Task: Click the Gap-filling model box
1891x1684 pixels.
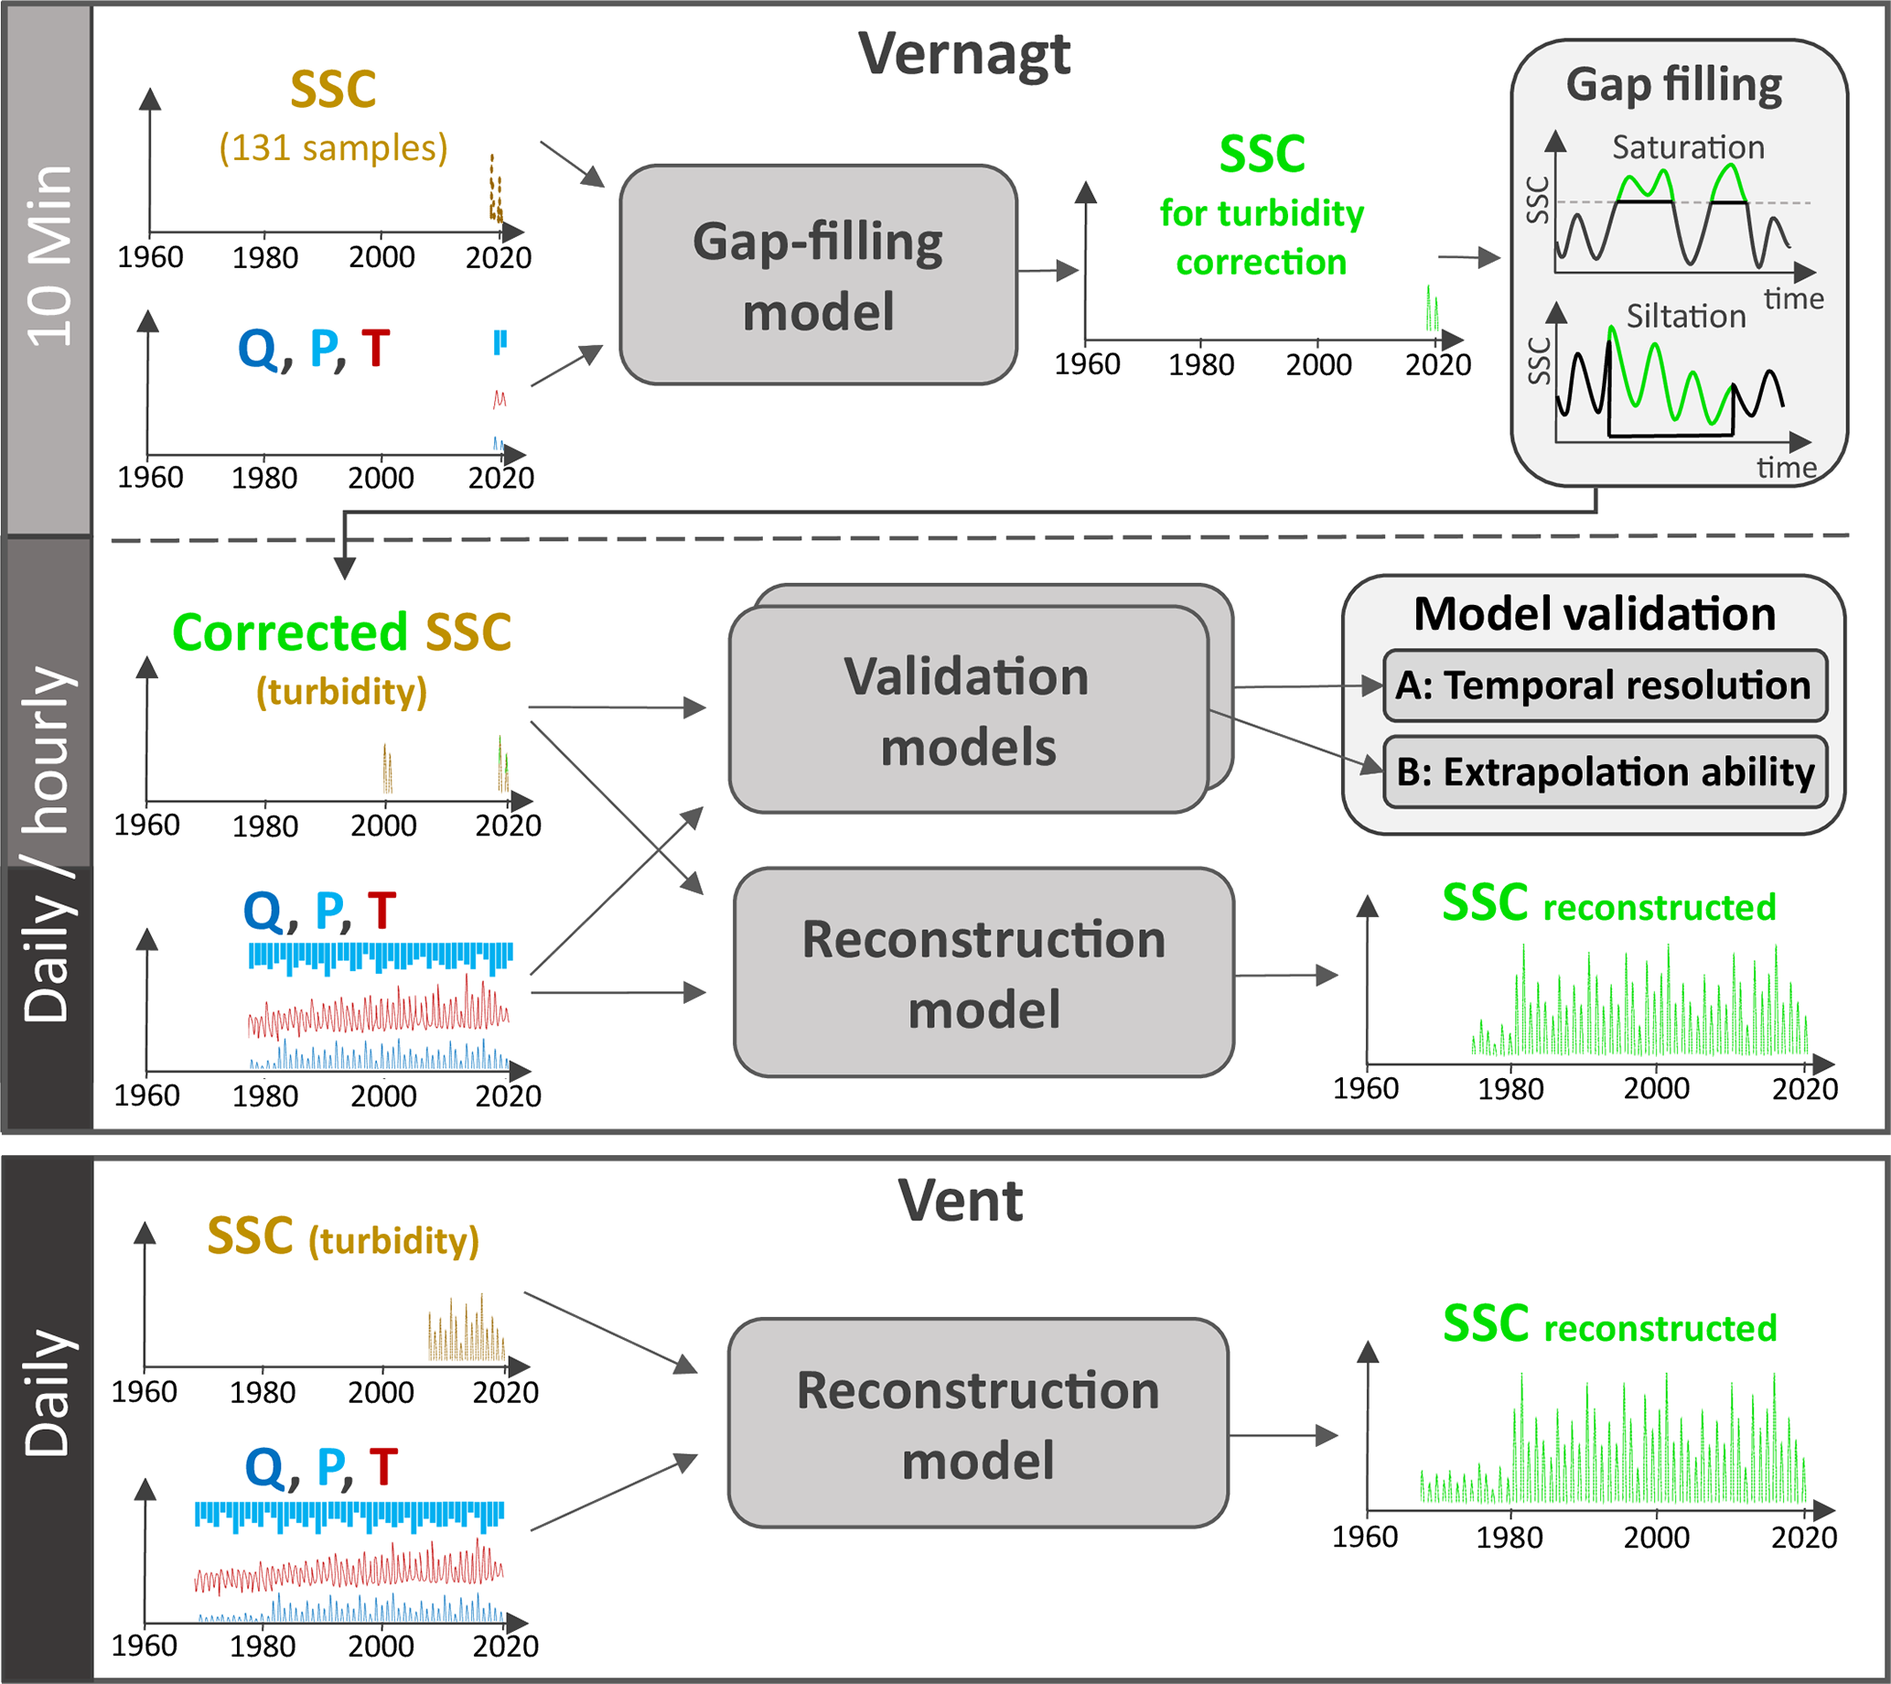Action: pyautogui.click(x=818, y=275)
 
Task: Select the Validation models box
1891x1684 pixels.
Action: pyautogui.click(x=968, y=710)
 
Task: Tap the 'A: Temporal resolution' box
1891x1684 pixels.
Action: pyautogui.click(x=1604, y=685)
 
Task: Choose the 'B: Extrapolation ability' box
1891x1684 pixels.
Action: pyautogui.click(x=1604, y=772)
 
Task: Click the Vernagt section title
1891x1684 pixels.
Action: pyautogui.click(x=963, y=55)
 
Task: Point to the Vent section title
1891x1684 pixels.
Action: pyautogui.click(x=961, y=1201)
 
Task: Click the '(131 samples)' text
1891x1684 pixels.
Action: pyautogui.click(x=333, y=147)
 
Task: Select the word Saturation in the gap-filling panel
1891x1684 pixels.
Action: pyautogui.click(x=1688, y=147)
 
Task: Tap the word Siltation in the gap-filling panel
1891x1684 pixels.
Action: pyautogui.click(x=1686, y=317)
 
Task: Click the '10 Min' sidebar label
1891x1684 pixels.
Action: pyautogui.click(x=48, y=256)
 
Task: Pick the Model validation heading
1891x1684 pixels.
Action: pyautogui.click(x=1594, y=614)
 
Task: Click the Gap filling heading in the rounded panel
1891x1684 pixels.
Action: pyautogui.click(x=1673, y=85)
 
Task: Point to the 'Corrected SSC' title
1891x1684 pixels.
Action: pyautogui.click(x=341, y=633)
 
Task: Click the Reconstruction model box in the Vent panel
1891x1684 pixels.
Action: pyautogui.click(x=978, y=1424)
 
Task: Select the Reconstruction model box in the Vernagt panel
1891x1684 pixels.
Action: pyautogui.click(x=983, y=974)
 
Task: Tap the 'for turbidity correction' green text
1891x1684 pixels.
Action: pyautogui.click(x=1261, y=238)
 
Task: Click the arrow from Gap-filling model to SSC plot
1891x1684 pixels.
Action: pyautogui.click(x=1048, y=271)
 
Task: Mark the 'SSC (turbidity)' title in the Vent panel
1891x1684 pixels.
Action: pyautogui.click(x=342, y=1237)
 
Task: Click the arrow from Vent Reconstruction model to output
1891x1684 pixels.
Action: pyautogui.click(x=1284, y=1435)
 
